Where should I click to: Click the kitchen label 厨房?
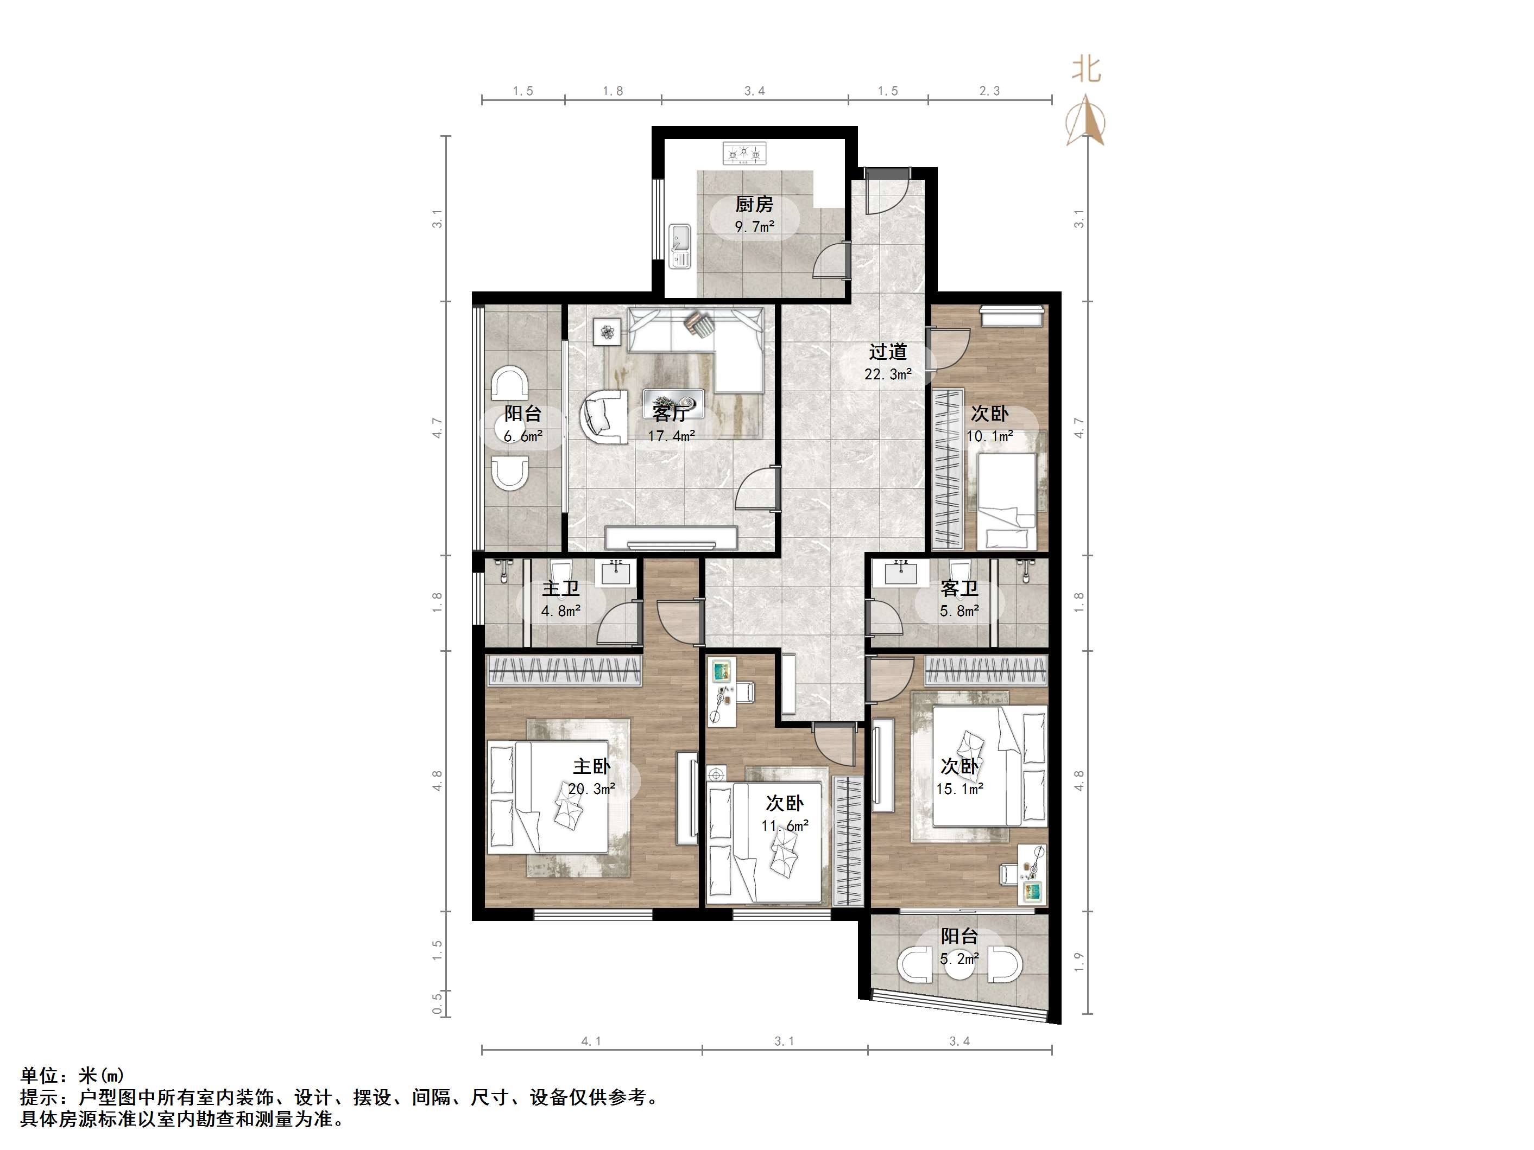[754, 205]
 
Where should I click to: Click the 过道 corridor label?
[888, 352]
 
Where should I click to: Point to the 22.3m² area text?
[888, 374]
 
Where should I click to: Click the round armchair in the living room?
[603, 416]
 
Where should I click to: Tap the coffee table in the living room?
[673, 402]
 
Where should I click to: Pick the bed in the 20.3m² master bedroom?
[548, 797]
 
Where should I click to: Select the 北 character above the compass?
[1086, 69]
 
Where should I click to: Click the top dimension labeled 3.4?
[755, 91]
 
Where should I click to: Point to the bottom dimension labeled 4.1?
[591, 1041]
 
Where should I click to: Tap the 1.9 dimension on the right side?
[1079, 962]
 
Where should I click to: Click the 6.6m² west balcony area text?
[523, 437]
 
